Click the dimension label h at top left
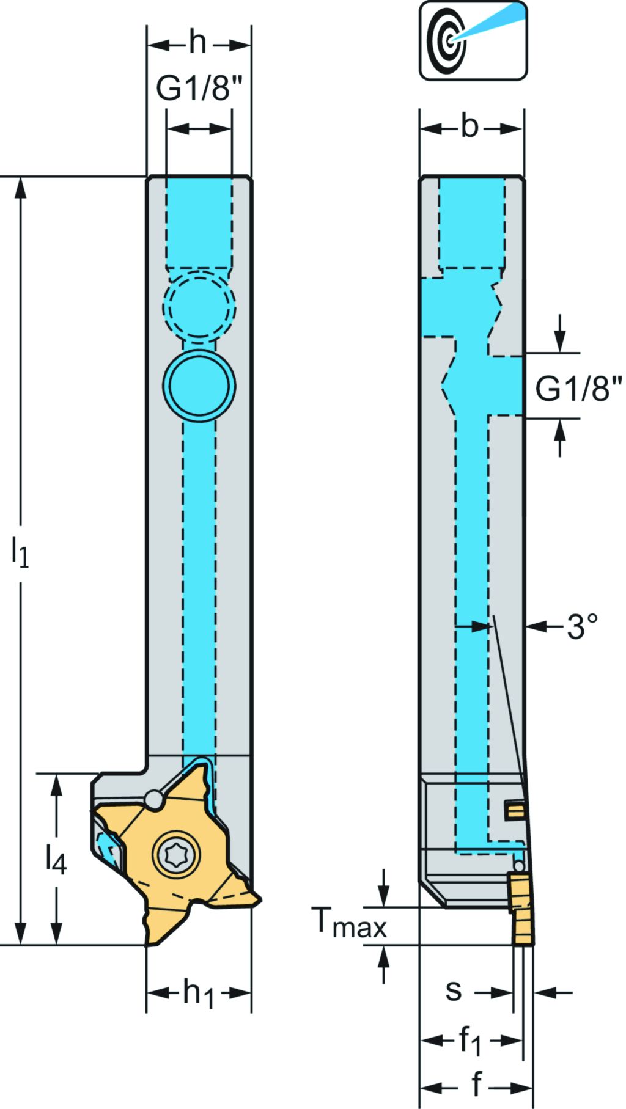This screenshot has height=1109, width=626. [197, 43]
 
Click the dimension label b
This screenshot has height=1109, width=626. [469, 127]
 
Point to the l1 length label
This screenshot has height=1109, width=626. [20, 552]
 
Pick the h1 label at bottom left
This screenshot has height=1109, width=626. [199, 993]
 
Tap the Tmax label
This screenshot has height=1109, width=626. [349, 923]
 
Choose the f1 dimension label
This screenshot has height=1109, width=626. [470, 1040]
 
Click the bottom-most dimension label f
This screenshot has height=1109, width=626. [476, 1085]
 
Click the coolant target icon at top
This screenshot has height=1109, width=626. [473, 40]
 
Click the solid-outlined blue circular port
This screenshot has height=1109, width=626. [199, 386]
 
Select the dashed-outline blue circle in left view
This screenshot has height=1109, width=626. [199, 305]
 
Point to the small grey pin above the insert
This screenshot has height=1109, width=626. [153, 799]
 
